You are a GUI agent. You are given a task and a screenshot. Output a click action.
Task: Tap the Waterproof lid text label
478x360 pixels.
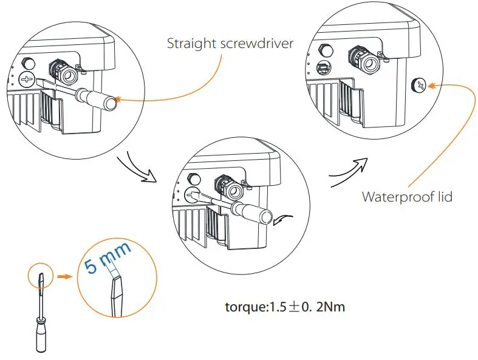click(x=407, y=197)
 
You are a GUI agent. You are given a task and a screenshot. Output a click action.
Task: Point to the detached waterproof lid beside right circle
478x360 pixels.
click(x=418, y=86)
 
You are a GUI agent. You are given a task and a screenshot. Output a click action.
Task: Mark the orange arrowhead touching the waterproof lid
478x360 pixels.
click(x=432, y=86)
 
